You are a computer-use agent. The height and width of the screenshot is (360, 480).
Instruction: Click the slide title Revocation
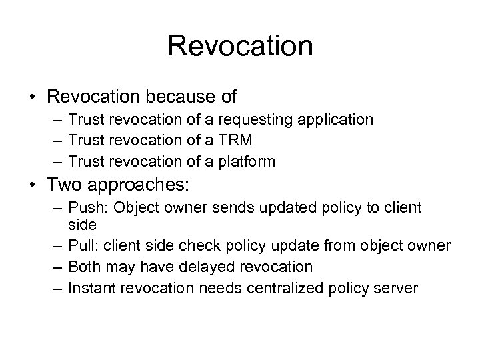[x=240, y=46]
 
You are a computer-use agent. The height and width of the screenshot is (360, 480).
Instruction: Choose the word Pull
[x=81, y=247]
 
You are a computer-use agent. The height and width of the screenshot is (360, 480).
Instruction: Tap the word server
[x=399, y=288]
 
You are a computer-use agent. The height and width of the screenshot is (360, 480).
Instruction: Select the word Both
[x=84, y=267]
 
